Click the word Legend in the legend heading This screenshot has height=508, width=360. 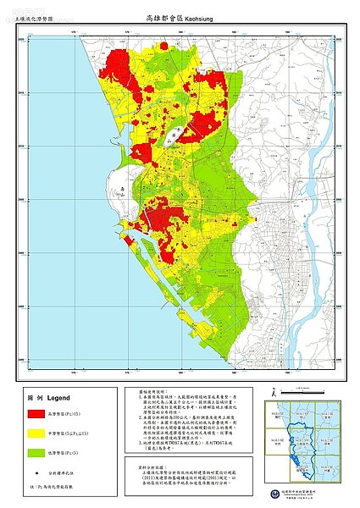[x=52, y=395]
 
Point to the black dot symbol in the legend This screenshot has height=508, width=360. [x=37, y=472]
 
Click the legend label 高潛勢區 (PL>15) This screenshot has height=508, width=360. [x=75, y=415]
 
